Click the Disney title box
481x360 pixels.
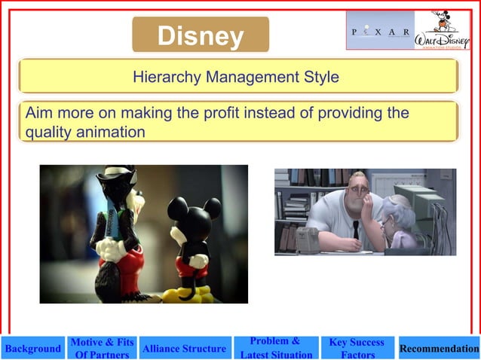(x=201, y=35)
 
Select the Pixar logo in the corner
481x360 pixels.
(x=380, y=32)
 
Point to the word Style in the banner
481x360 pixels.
(x=320, y=77)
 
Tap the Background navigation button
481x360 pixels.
(x=32, y=349)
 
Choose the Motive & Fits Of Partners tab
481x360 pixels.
(x=102, y=348)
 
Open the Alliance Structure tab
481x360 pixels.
(x=184, y=349)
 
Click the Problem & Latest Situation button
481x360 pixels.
(x=275, y=348)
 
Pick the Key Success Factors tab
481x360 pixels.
(x=357, y=348)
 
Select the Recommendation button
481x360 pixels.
(x=439, y=349)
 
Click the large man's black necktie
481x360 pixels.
(x=355, y=229)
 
